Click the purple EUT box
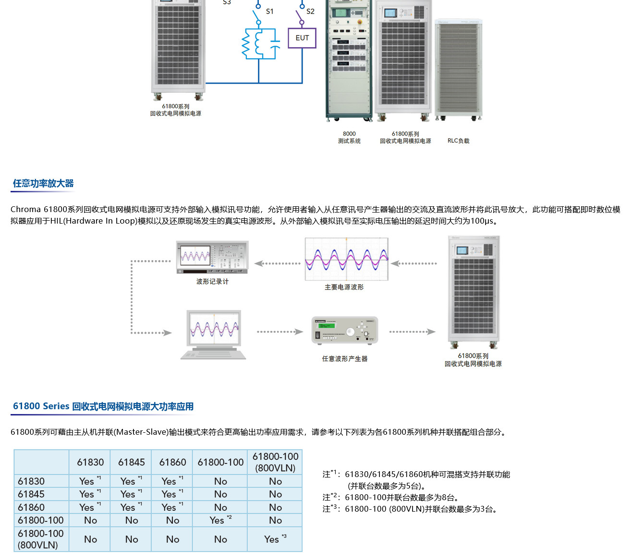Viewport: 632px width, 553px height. point(302,38)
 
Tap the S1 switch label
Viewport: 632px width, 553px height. point(269,12)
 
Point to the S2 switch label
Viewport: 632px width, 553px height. point(310,12)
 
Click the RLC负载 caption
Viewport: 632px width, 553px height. point(458,141)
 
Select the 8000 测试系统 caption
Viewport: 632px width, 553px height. point(349,138)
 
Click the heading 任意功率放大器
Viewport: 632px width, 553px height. point(43,183)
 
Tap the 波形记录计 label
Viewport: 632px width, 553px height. point(212,282)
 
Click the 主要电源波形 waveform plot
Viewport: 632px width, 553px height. point(346,259)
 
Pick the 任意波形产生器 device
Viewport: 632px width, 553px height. point(344,330)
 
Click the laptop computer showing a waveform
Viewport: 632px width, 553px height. point(214,335)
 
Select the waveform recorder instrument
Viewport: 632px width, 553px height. point(212,257)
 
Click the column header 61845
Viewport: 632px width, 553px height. point(131,462)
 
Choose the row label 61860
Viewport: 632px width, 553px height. point(31,507)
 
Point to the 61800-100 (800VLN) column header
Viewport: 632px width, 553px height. point(275,462)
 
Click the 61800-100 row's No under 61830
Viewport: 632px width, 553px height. point(90,520)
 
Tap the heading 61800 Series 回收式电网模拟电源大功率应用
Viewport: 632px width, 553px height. point(103,406)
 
